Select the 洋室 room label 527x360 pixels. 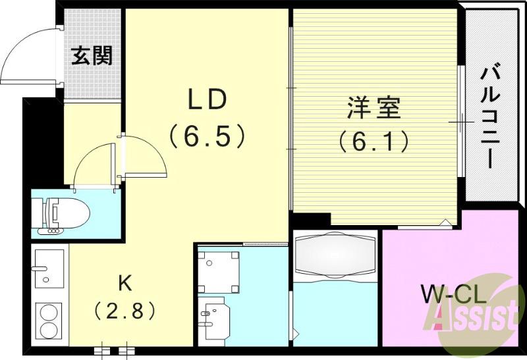coord(374,107)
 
